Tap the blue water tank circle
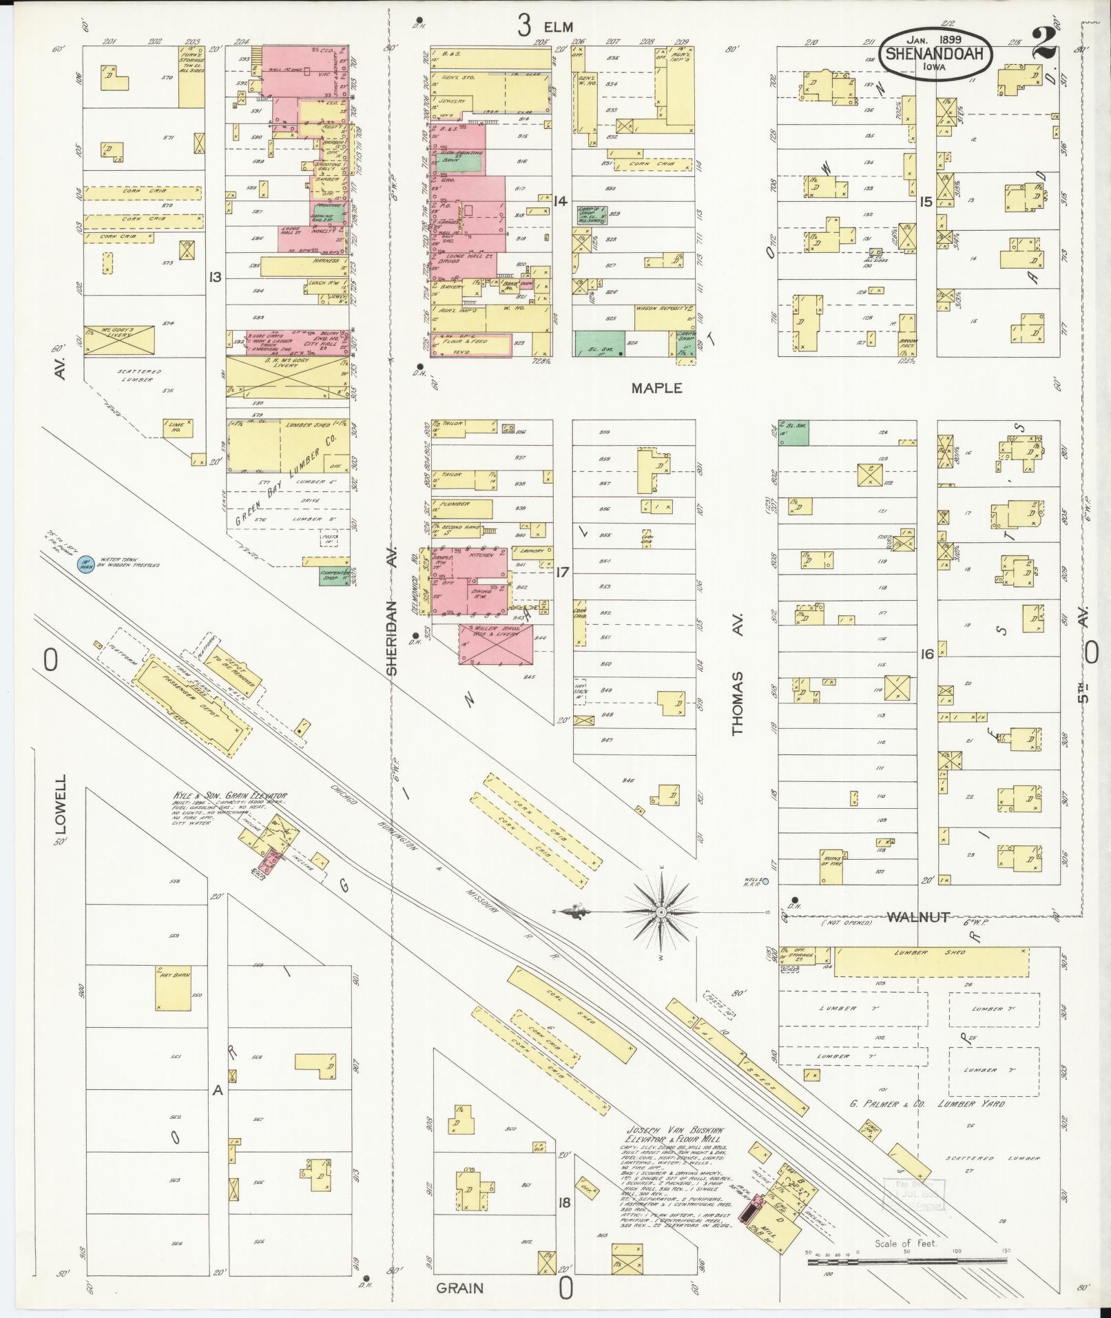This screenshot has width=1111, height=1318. (x=84, y=564)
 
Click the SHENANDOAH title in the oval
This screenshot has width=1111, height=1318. (x=938, y=54)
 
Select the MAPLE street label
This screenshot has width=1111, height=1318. (x=656, y=388)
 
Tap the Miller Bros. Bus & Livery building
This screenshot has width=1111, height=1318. (x=496, y=645)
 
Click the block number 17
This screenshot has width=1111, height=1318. (x=562, y=571)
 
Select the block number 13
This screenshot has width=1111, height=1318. (x=216, y=277)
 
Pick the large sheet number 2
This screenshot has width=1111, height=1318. (x=1046, y=45)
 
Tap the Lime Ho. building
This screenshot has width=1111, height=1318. (x=175, y=427)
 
